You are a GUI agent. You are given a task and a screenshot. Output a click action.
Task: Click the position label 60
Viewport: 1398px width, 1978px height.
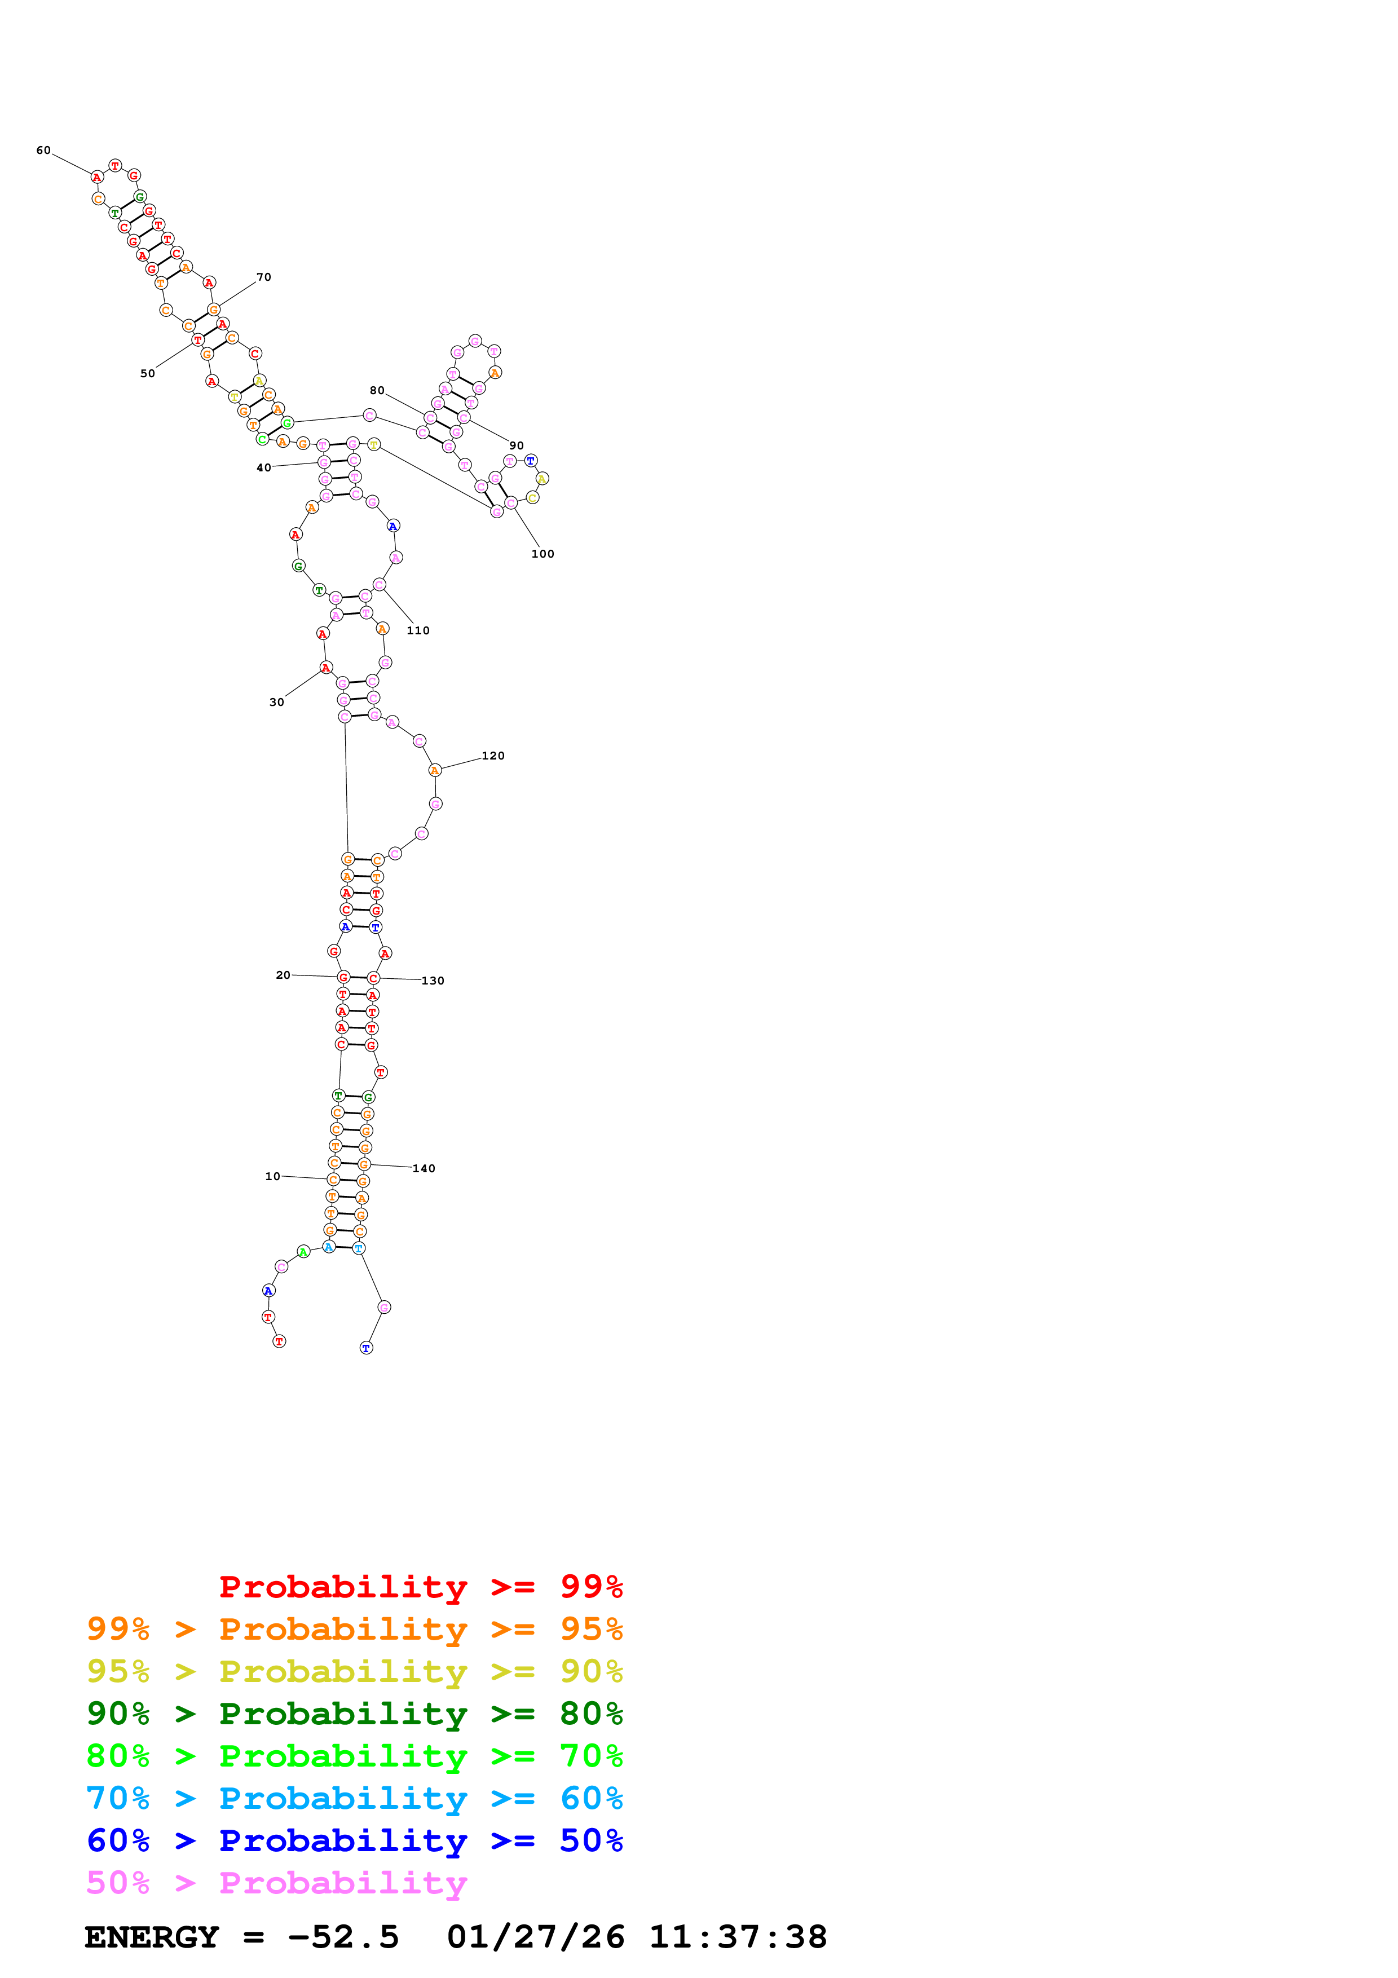coord(43,151)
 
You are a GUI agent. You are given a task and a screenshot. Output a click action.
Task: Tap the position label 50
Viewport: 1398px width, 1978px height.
coord(147,374)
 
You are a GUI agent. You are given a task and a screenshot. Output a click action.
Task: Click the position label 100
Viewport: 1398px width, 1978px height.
coord(543,554)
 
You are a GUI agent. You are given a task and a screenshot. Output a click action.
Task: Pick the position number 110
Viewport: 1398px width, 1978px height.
coord(418,630)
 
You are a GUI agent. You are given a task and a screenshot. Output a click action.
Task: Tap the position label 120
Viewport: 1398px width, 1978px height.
coord(493,756)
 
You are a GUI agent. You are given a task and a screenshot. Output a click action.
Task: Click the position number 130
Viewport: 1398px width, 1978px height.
coord(433,981)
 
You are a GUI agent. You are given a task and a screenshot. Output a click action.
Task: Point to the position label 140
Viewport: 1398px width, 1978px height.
coord(424,1169)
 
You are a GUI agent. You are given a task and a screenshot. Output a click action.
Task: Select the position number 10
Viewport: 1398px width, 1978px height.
coord(272,1177)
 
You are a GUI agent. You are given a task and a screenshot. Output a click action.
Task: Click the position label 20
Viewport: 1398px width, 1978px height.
coord(283,975)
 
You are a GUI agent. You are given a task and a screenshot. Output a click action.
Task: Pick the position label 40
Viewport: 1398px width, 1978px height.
coord(263,469)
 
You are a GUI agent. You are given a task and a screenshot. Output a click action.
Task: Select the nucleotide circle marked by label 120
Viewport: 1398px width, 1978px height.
coord(435,771)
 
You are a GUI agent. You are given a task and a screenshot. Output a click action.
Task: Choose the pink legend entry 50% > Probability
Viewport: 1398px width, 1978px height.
coord(276,1883)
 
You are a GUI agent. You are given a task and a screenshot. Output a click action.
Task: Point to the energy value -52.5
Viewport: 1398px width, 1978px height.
coord(343,1937)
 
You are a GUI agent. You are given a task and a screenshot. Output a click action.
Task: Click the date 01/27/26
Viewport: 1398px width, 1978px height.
coord(536,1937)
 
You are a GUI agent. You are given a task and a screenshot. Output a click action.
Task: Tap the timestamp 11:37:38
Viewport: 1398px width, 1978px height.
coord(737,1937)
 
